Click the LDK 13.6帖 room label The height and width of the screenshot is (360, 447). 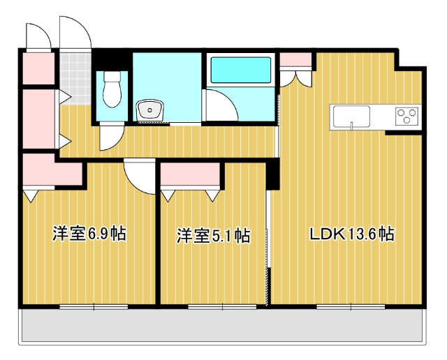(352, 234)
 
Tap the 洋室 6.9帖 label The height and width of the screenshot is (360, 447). (88, 234)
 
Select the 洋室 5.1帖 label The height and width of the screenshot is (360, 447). (213, 236)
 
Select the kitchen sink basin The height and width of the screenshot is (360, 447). (352, 116)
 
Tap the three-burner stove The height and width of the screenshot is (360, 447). (406, 115)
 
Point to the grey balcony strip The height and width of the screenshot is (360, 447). (223, 325)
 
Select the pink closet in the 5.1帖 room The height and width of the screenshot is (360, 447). (190, 176)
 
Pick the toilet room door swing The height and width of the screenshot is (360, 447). (109, 138)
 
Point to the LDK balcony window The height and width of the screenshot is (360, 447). (342, 306)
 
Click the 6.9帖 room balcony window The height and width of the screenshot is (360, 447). (94, 306)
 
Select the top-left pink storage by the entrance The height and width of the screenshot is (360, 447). (37, 66)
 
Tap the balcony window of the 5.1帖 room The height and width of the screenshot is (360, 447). (214, 306)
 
